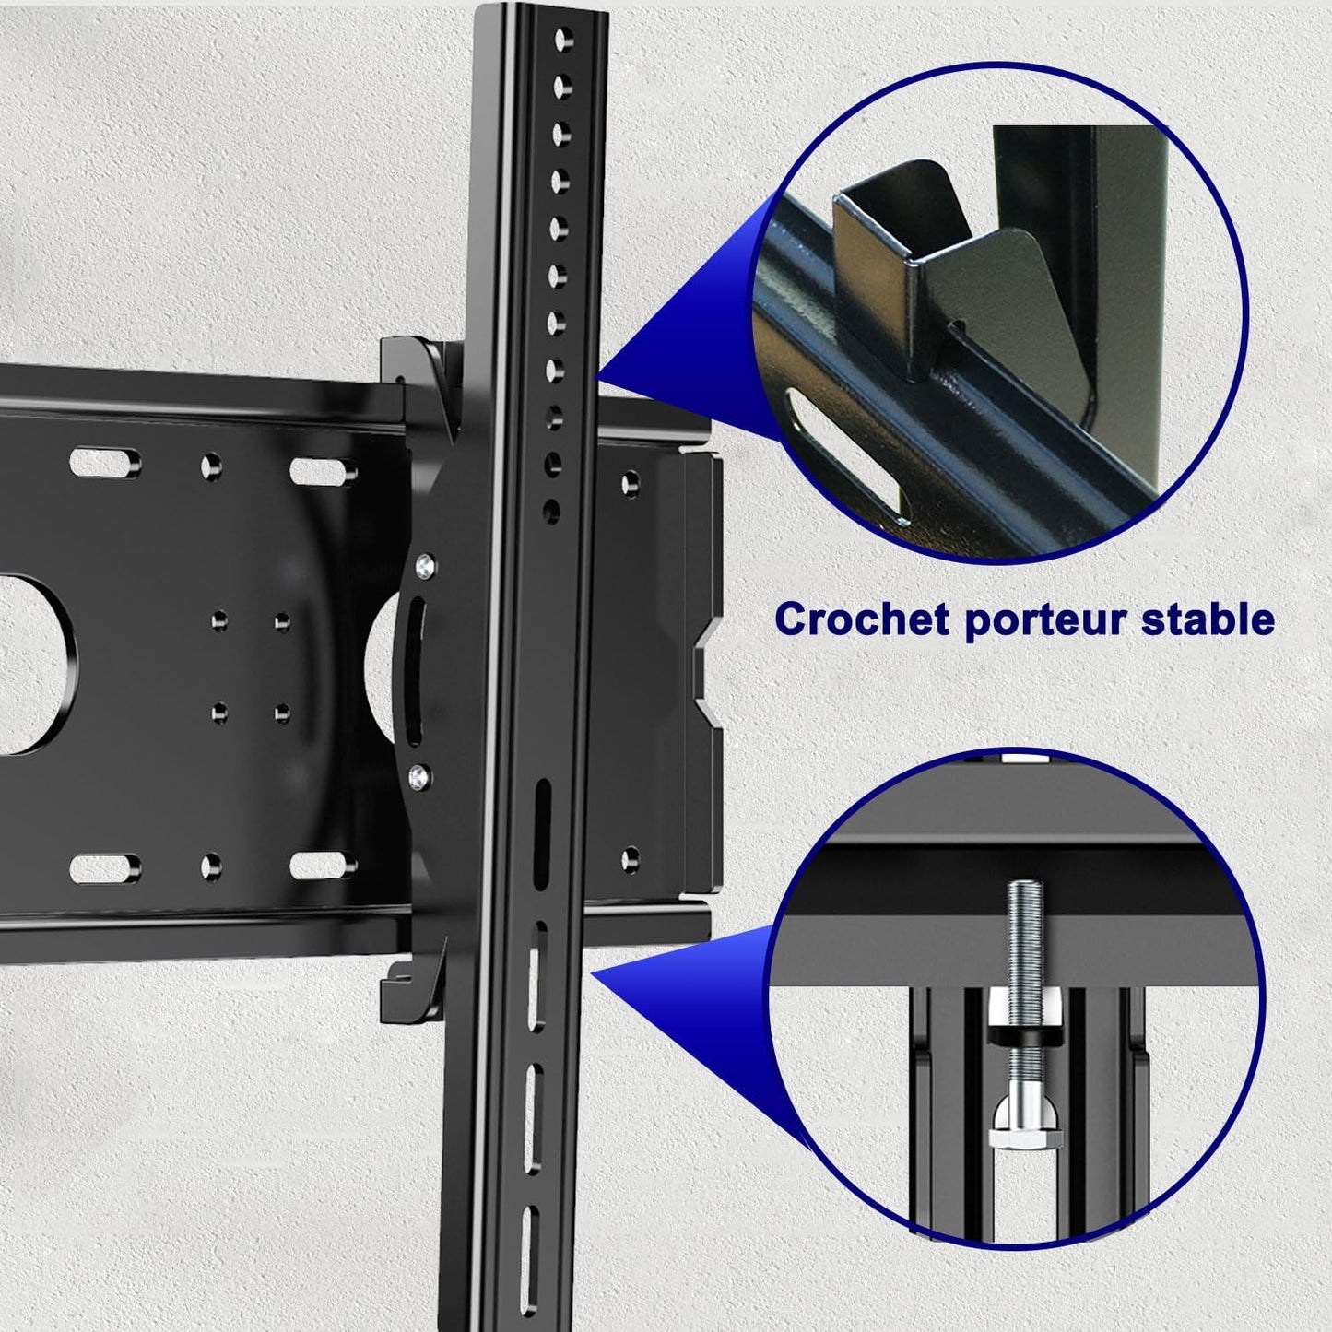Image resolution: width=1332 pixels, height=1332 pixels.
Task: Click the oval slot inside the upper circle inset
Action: coord(846,455)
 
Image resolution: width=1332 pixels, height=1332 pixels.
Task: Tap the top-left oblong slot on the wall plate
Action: coord(105,463)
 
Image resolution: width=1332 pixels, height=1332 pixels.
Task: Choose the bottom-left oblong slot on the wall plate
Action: coord(105,869)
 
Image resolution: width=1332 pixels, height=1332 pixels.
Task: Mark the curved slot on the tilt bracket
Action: coord(410,669)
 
